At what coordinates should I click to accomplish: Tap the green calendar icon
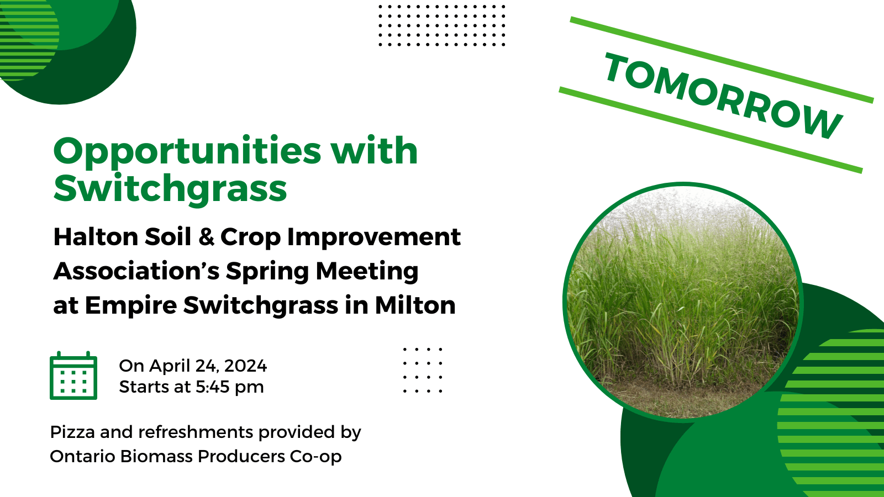(73, 376)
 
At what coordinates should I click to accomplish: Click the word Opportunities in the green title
(187, 151)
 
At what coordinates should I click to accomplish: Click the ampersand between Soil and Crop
(206, 237)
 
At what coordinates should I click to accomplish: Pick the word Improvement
(373, 237)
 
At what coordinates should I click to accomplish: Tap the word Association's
(136, 271)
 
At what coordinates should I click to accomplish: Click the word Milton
(415, 305)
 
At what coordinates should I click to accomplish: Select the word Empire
(130, 305)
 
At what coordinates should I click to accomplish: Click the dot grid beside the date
(423, 370)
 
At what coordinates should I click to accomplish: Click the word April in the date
(170, 366)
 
